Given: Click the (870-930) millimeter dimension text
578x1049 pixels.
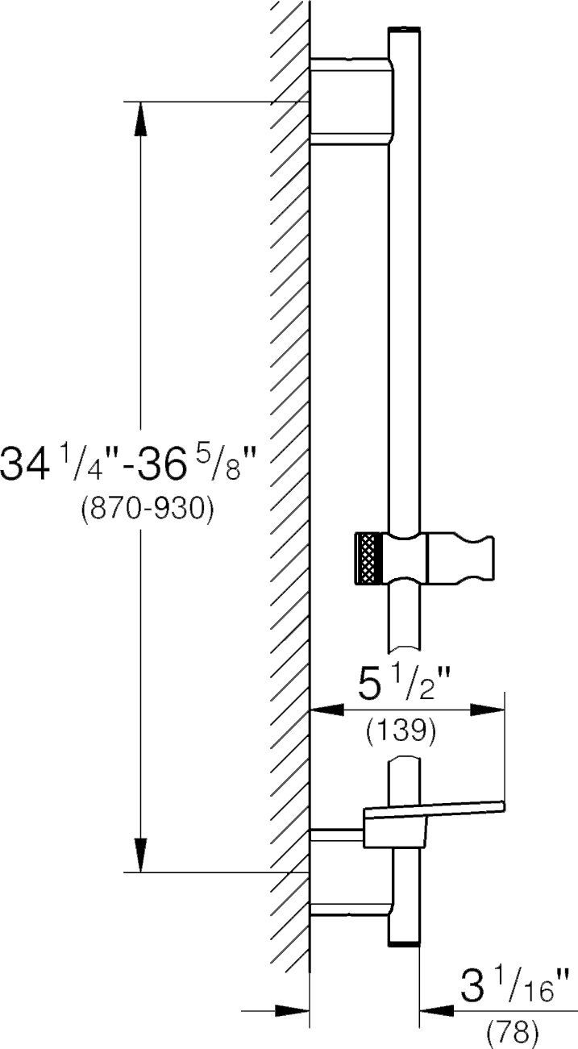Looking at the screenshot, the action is (148, 509).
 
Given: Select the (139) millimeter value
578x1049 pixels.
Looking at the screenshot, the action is (401, 731).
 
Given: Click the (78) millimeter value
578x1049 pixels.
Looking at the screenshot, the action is (512, 1032).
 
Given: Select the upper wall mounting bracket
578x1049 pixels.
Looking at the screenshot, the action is (351, 101).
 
